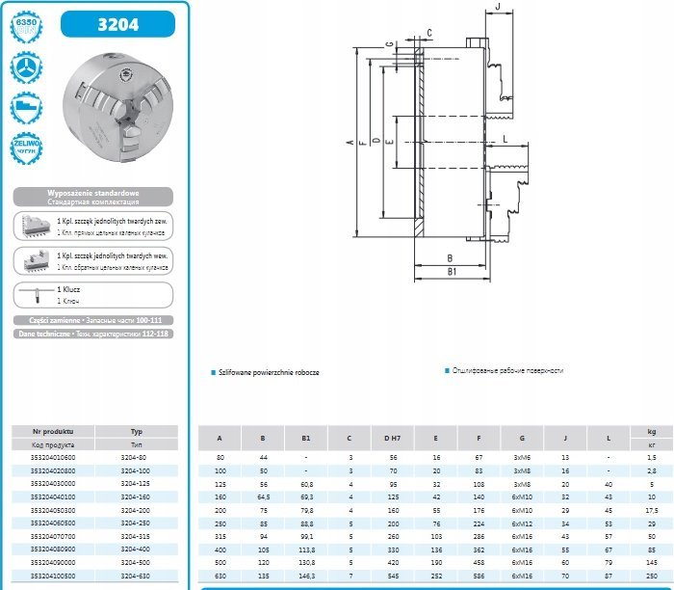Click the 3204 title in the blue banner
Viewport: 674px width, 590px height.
(x=117, y=23)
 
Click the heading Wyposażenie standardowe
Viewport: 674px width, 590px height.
(x=93, y=193)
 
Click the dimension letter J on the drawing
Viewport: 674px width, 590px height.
(x=497, y=8)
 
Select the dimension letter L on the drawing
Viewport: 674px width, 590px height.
(x=504, y=141)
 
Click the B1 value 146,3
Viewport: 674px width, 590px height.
(x=306, y=576)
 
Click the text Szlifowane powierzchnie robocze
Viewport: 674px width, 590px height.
(x=271, y=371)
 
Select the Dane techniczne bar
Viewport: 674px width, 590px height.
(x=93, y=333)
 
